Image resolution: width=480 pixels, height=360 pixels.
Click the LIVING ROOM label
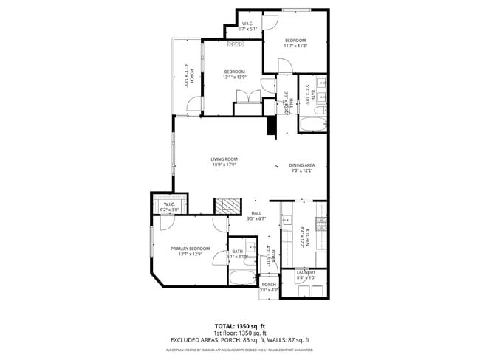(x=224, y=159)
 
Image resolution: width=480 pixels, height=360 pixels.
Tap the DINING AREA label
(x=301, y=165)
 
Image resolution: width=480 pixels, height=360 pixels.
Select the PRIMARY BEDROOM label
(x=191, y=249)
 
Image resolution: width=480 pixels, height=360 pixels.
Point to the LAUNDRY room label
(x=306, y=272)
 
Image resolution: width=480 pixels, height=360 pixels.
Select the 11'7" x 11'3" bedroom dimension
(x=295, y=45)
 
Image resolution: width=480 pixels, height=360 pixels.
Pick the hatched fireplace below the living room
(x=227, y=206)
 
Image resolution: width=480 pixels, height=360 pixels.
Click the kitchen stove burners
(x=320, y=221)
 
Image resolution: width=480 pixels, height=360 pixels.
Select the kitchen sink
(x=286, y=219)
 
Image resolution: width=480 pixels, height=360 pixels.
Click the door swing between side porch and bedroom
(x=193, y=106)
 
